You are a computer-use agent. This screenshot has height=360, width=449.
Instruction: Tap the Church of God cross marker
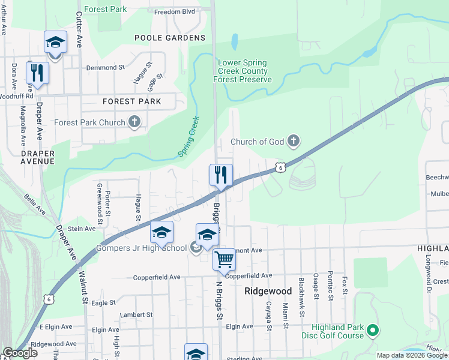click(x=294, y=142)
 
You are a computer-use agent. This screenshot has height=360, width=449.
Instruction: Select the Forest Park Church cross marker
click(x=135, y=122)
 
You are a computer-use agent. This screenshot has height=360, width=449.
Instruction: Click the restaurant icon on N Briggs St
click(x=220, y=175)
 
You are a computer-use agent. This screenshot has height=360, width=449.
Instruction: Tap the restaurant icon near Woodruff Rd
click(x=37, y=73)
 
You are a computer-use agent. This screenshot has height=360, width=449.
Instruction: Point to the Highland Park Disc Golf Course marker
click(x=372, y=329)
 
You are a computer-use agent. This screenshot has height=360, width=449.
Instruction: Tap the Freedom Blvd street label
click(x=175, y=11)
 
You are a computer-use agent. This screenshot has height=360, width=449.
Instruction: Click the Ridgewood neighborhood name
click(x=268, y=291)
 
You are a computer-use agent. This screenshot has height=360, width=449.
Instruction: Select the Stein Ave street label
click(x=82, y=229)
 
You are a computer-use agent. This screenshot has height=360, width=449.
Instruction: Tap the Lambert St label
click(x=136, y=314)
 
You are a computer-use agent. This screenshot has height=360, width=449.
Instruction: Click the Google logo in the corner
click(x=20, y=353)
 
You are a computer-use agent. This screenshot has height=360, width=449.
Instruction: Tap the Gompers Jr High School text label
click(x=145, y=248)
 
